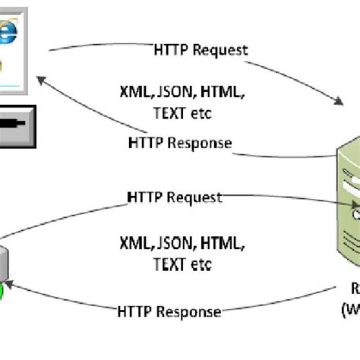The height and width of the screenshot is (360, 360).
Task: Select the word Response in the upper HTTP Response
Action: tap(201, 143)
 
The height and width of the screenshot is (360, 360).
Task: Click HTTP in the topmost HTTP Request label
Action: tap(166, 50)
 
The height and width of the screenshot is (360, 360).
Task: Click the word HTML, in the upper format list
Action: tap(219, 92)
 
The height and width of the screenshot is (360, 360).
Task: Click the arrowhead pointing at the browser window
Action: tap(44, 79)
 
